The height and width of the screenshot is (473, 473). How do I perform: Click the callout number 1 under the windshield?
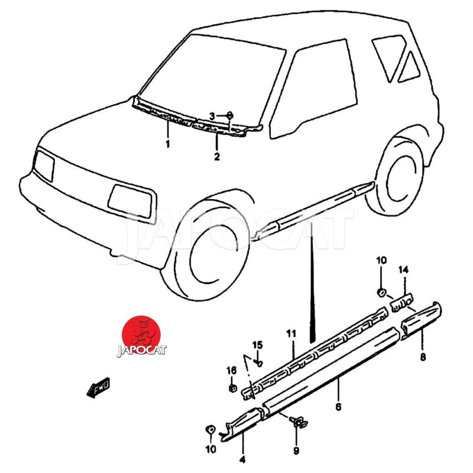167,144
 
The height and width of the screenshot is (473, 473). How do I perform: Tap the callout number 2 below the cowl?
216,157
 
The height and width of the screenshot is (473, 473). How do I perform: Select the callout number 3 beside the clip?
212,116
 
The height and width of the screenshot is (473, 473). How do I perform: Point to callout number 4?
242,460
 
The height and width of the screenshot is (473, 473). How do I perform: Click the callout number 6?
338,407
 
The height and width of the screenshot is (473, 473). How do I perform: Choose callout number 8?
423,357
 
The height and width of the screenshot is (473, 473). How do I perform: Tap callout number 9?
296,451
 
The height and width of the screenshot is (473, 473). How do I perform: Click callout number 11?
291,333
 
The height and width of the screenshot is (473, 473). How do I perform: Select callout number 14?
403,270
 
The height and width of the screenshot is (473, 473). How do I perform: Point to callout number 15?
258,345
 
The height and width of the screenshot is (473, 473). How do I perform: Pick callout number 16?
232,370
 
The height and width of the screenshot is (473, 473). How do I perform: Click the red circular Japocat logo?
141,336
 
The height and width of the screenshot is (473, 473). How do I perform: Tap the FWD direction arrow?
98,388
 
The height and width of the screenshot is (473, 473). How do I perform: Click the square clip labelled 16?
232,388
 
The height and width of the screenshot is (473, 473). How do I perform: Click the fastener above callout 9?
298,422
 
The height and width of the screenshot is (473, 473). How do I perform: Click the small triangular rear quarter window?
409,69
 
